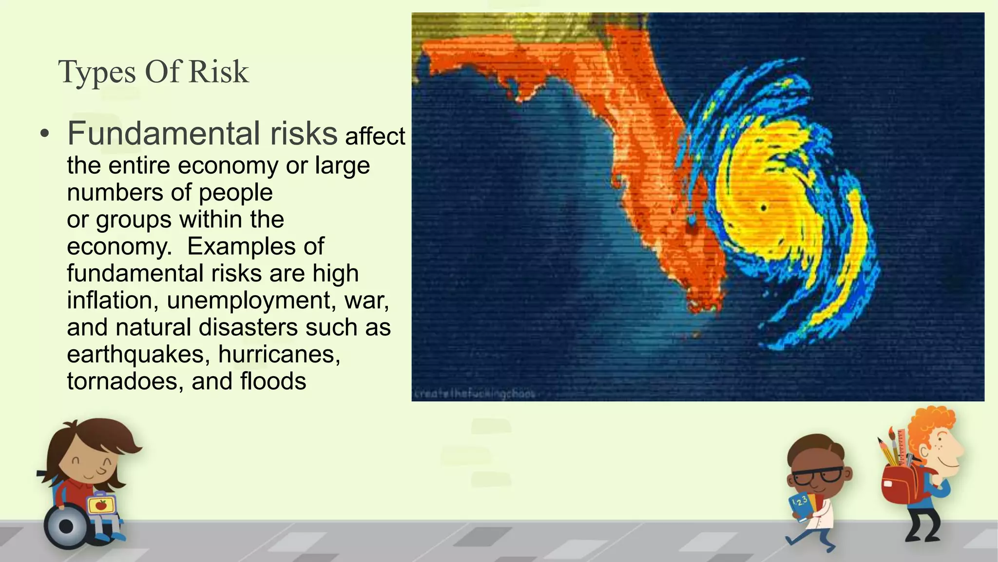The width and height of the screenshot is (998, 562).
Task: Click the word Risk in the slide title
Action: click(x=218, y=72)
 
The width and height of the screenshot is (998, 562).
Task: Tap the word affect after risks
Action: click(x=375, y=136)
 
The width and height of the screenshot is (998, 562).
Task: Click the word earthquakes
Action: click(x=138, y=354)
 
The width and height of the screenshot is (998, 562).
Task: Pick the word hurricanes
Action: click(x=279, y=354)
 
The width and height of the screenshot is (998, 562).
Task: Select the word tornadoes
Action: click(x=125, y=381)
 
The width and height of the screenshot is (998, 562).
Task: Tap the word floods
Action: click(x=273, y=381)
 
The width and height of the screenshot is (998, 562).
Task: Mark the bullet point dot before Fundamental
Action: click(x=45, y=134)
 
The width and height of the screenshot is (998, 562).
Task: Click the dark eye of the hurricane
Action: click(x=764, y=208)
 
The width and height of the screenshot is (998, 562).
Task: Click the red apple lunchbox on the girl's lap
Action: click(x=100, y=504)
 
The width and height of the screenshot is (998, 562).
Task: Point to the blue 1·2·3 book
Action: click(x=802, y=505)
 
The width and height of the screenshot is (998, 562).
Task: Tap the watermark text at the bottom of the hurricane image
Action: click(x=474, y=393)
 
